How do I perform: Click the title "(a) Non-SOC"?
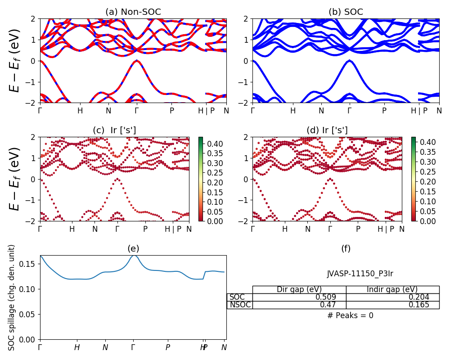click(133, 12)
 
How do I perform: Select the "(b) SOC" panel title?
click(346, 12)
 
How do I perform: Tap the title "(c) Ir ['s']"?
click(114, 130)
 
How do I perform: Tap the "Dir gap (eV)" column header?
click(299, 289)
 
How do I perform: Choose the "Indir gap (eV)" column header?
click(392, 289)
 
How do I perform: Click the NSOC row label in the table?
click(240, 305)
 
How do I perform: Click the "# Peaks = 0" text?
click(350, 315)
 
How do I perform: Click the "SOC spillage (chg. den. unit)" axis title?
click(12, 297)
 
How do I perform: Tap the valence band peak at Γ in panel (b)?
click(349, 61)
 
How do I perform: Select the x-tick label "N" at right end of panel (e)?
click(224, 347)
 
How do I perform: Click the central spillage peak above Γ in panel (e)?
click(133, 256)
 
